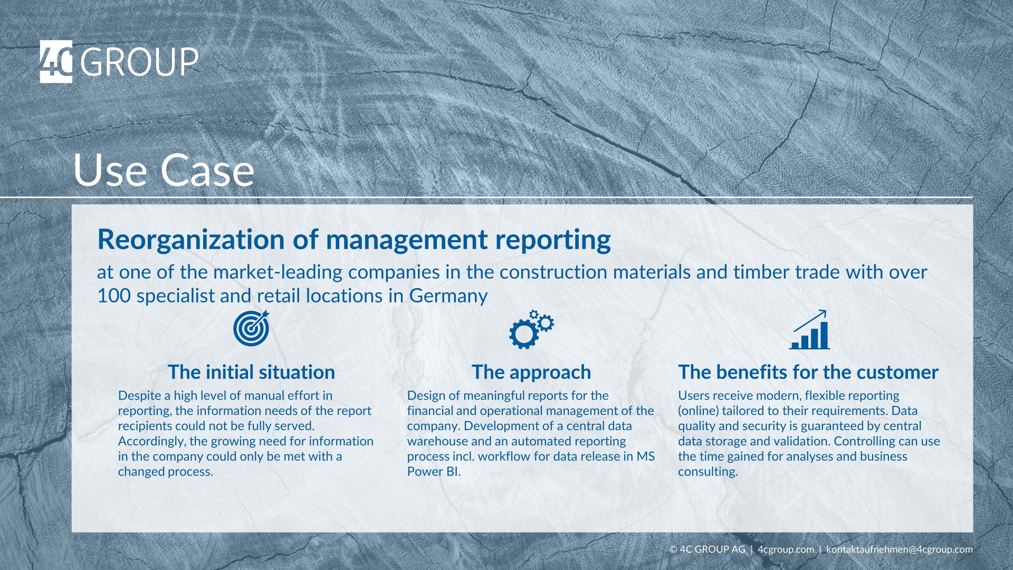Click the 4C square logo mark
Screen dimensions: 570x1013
pyautogui.click(x=56, y=62)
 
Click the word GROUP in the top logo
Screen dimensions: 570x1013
pyautogui.click(x=139, y=62)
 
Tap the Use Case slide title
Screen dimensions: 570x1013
pyautogui.click(x=164, y=170)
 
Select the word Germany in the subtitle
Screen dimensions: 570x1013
pyautogui.click(x=448, y=296)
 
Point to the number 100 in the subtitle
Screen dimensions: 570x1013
pyautogui.click(x=113, y=296)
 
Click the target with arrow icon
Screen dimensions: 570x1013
pyautogui.click(x=251, y=328)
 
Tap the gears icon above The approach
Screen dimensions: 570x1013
pyautogui.click(x=531, y=329)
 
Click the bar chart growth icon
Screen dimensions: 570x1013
pyautogui.click(x=809, y=330)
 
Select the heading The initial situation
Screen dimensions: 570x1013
pyautogui.click(x=251, y=372)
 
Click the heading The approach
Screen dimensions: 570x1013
pyautogui.click(x=531, y=372)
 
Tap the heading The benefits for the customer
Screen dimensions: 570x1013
pyautogui.click(x=808, y=372)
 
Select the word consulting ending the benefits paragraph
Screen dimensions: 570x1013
pyautogui.click(x=706, y=472)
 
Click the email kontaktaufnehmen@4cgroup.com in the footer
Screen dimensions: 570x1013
pyautogui.click(x=899, y=549)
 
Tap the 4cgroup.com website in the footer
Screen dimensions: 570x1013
pyautogui.click(x=786, y=549)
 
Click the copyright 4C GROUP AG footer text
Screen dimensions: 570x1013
pyautogui.click(x=708, y=549)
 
